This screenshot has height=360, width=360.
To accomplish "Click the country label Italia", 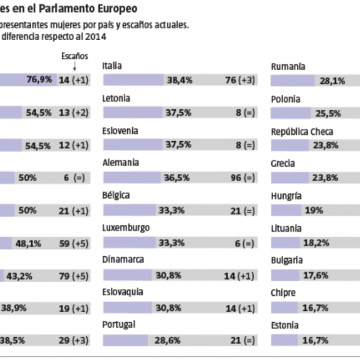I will coord(113,65).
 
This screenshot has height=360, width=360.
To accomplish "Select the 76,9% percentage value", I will coord(38,79).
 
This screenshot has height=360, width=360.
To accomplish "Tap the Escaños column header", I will coord(75,56).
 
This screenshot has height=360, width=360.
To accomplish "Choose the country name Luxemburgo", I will coord(127,228).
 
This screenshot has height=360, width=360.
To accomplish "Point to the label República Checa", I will coord(302,131).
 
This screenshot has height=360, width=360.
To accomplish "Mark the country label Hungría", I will coord(286,196).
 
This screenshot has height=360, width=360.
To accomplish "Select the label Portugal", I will coord(119,324).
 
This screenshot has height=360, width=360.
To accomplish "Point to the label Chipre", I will coord(284,293).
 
